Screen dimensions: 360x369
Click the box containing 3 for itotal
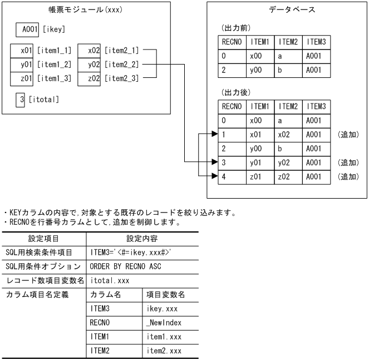pos(21,100)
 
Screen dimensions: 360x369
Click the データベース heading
pos(287,10)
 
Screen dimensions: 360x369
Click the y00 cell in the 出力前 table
pos(259,71)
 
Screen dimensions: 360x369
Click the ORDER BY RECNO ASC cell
pos(122,266)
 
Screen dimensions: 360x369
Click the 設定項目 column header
pos(43,239)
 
